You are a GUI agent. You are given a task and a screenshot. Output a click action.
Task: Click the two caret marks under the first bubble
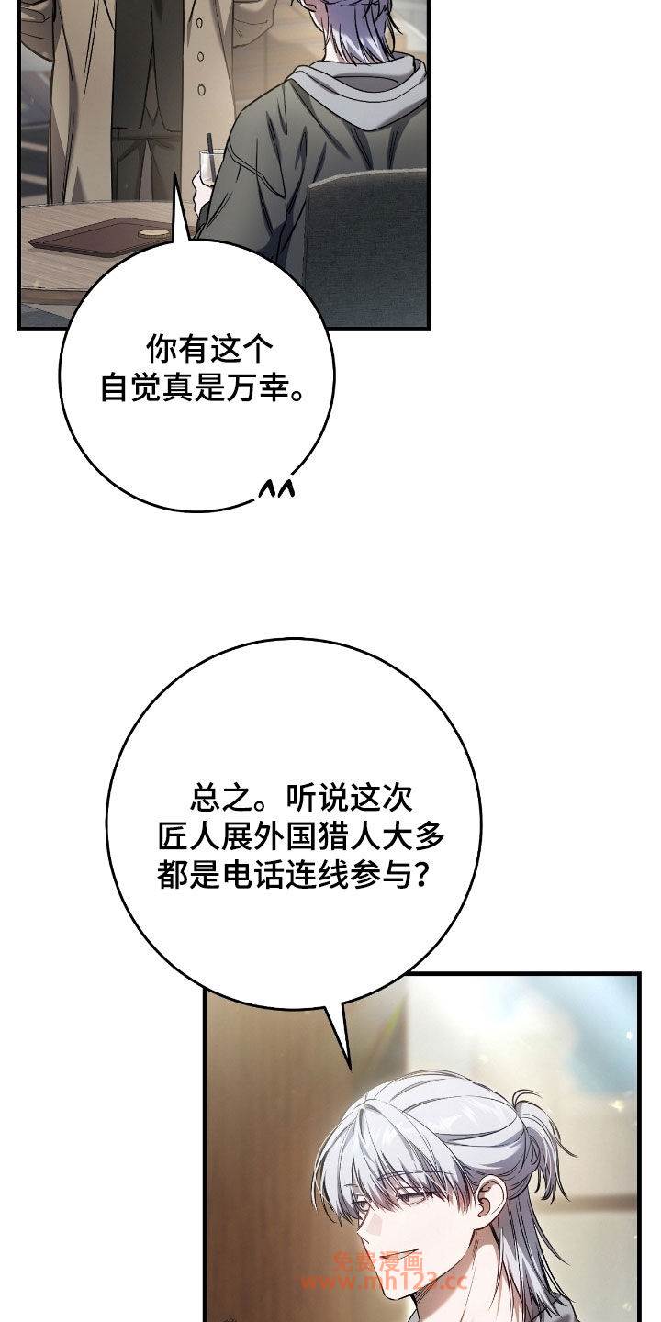276,488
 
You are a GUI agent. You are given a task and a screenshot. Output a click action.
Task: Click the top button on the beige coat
200,25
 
